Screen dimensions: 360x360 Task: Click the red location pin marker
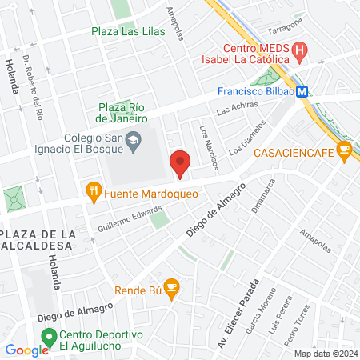[180, 163]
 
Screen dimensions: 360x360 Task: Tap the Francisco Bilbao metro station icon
[302, 92]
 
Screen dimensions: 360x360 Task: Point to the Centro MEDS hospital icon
[299, 54]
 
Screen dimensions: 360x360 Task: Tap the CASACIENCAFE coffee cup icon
[343, 149]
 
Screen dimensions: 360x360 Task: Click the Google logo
[26, 350]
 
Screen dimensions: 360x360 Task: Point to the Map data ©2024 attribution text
[325, 354]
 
